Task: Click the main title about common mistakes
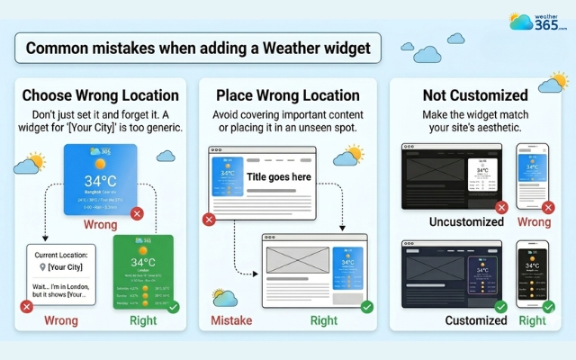(x=198, y=48)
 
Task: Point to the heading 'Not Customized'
(x=474, y=95)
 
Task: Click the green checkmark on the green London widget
(x=173, y=307)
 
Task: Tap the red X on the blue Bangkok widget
(x=136, y=213)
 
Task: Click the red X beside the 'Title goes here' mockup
(x=210, y=219)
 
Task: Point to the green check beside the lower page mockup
(x=366, y=307)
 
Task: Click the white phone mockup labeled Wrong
(x=532, y=176)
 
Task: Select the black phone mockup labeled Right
(x=532, y=274)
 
